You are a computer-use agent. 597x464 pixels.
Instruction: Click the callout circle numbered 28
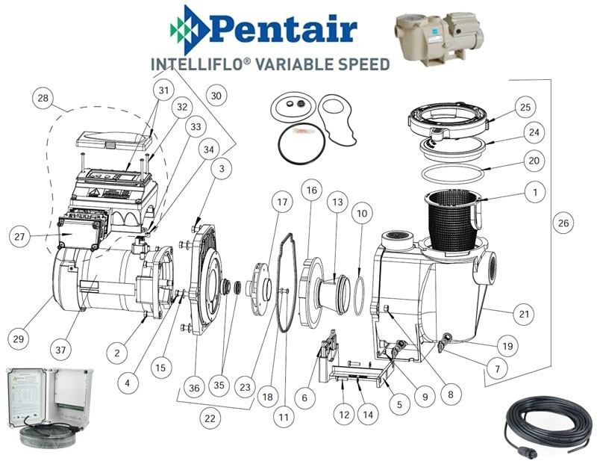(43, 98)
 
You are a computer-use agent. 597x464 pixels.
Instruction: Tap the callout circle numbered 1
(535, 192)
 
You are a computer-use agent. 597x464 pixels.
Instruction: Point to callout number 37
(60, 349)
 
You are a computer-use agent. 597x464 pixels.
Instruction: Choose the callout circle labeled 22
(210, 418)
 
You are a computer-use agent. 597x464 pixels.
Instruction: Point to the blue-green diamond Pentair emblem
(190, 30)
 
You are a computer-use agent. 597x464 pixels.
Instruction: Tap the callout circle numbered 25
(525, 107)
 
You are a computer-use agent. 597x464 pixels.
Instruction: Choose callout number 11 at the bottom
(284, 418)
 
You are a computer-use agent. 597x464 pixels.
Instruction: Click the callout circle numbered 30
(216, 96)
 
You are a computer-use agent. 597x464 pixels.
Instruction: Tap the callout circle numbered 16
(311, 190)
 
